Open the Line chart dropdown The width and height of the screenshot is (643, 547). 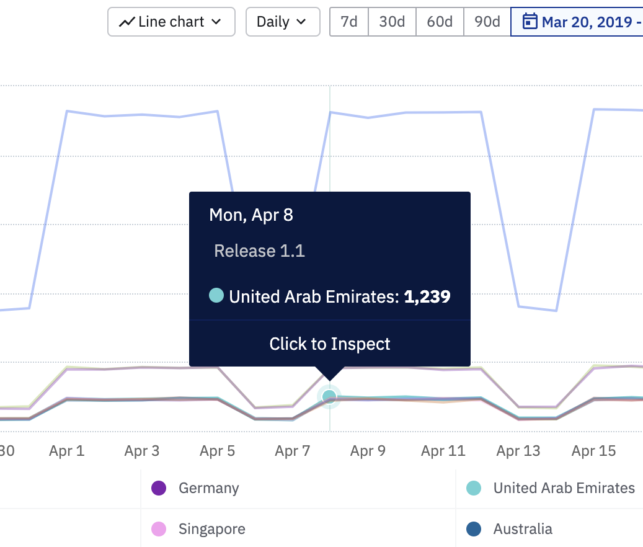click(171, 22)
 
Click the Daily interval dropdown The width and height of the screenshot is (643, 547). click(283, 22)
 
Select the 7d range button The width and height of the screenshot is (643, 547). click(349, 22)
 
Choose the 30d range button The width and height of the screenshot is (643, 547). click(392, 22)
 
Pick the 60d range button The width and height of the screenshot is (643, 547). click(440, 22)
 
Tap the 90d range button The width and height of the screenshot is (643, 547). click(487, 22)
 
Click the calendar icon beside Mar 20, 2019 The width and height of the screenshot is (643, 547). click(530, 22)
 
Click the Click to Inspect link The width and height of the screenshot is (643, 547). click(330, 344)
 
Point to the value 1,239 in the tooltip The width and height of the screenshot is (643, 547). click(427, 296)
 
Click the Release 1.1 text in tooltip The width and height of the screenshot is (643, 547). click(259, 251)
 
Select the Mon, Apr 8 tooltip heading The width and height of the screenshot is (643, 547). click(251, 215)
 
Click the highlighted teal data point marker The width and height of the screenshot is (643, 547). click(329, 396)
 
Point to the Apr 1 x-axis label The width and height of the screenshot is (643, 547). click(66, 451)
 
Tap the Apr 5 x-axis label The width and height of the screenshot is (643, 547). click(217, 451)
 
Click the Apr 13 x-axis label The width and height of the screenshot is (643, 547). click(518, 451)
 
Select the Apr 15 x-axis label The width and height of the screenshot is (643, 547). click(593, 451)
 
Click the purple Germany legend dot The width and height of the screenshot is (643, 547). click(159, 488)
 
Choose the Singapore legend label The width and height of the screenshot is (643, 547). click(211, 529)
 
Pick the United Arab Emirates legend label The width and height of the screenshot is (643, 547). click(564, 488)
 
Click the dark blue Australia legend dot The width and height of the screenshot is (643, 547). click(474, 529)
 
